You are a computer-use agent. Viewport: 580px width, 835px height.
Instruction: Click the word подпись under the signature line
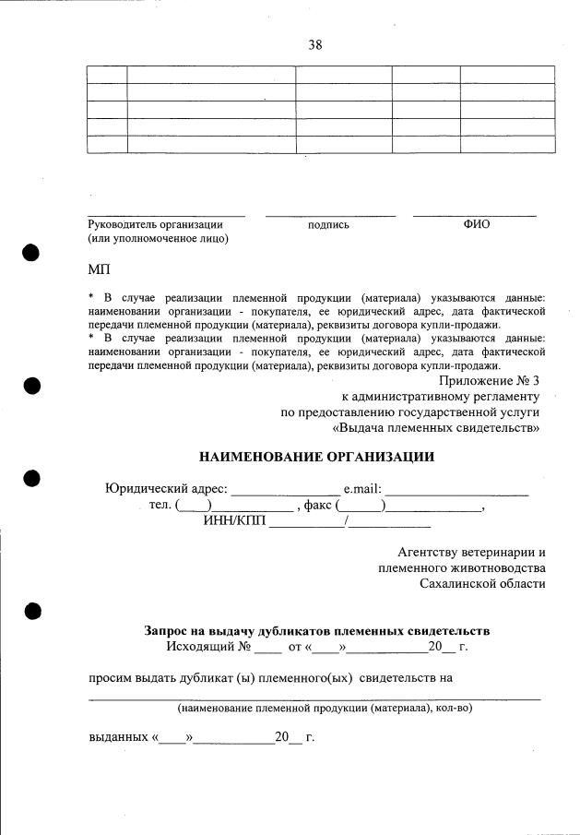point(328,224)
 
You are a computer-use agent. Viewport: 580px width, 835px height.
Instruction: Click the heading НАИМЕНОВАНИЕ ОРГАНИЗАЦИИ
point(316,457)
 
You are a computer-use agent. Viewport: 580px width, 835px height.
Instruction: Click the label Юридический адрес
point(166,489)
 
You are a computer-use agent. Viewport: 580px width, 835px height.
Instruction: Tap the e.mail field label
point(362,489)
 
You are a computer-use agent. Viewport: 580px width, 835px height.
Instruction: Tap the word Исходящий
point(196,646)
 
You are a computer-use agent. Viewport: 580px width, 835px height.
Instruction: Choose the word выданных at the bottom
point(118,738)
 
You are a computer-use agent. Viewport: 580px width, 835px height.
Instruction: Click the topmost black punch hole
point(31,254)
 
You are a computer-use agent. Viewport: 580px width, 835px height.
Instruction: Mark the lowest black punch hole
point(31,610)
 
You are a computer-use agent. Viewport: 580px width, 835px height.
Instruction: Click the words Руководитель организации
point(155,224)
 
